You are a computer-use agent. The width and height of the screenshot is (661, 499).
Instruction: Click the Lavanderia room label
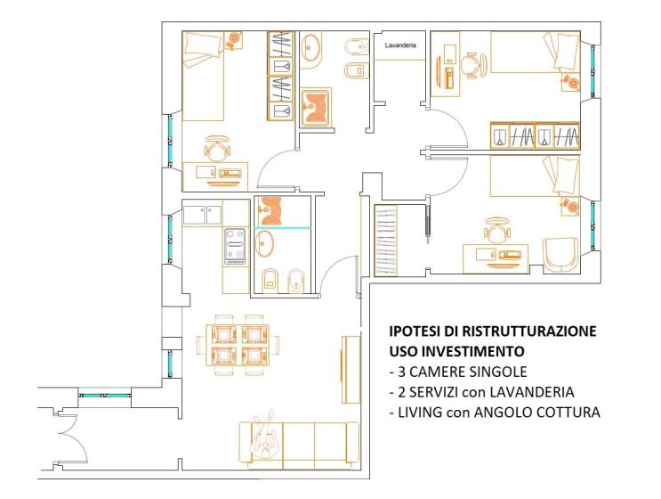click(x=400, y=45)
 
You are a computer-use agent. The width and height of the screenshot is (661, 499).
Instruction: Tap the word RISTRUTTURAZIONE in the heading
click(x=529, y=331)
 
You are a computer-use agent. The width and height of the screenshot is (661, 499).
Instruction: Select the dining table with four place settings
click(x=238, y=345)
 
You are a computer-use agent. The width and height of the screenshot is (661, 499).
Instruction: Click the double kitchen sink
click(x=202, y=215)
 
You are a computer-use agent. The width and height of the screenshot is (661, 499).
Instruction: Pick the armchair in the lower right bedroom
click(x=560, y=255)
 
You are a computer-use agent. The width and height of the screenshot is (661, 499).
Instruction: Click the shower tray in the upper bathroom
click(x=316, y=108)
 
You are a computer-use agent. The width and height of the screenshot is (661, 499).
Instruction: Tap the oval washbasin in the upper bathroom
click(x=311, y=47)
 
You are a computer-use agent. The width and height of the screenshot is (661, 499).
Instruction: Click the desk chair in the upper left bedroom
click(x=217, y=148)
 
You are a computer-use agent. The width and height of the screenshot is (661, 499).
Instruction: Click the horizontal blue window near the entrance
click(x=105, y=396)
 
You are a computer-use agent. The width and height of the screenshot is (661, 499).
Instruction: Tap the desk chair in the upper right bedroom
click(x=473, y=65)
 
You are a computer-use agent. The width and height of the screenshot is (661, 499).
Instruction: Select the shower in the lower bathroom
click(x=282, y=211)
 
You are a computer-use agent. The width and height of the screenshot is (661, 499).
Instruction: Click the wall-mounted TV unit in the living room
click(x=351, y=369)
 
